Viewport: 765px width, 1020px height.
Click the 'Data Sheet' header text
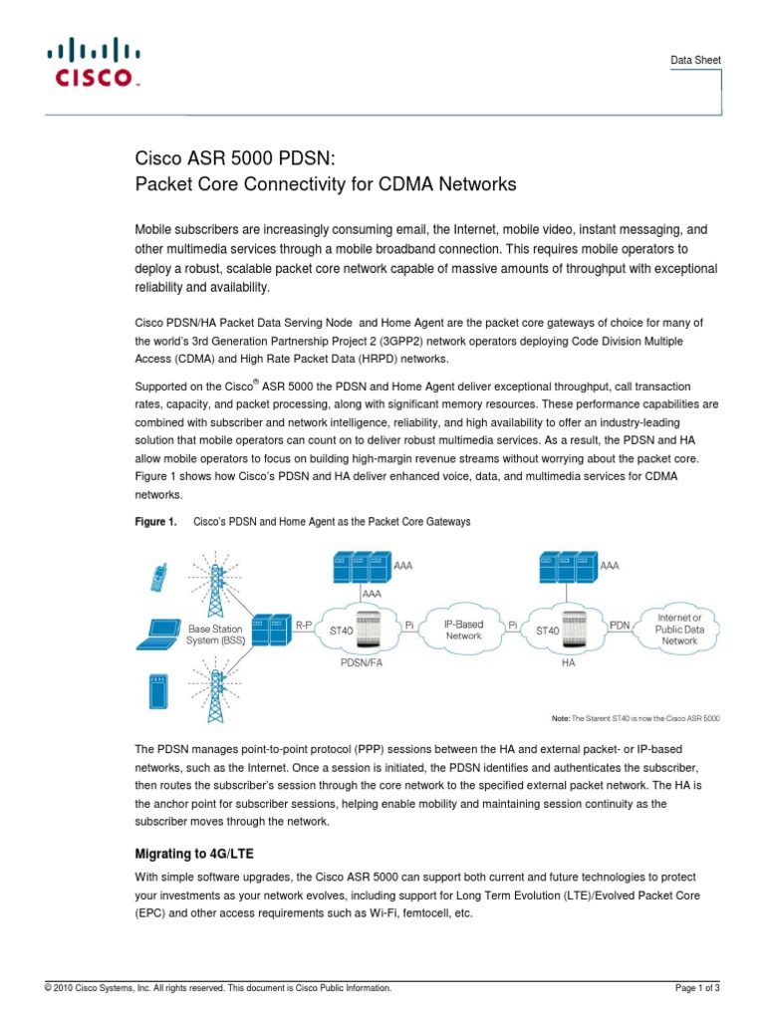(693, 61)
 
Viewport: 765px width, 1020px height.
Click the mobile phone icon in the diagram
(157, 577)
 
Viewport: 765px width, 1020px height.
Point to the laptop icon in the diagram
(160, 629)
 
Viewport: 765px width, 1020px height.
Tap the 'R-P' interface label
(304, 624)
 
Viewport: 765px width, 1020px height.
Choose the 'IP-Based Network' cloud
(464, 630)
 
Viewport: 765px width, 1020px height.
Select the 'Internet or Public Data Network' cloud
(680, 630)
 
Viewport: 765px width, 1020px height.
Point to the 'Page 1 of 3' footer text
(697, 988)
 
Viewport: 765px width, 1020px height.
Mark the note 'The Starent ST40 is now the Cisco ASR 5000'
(636, 717)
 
